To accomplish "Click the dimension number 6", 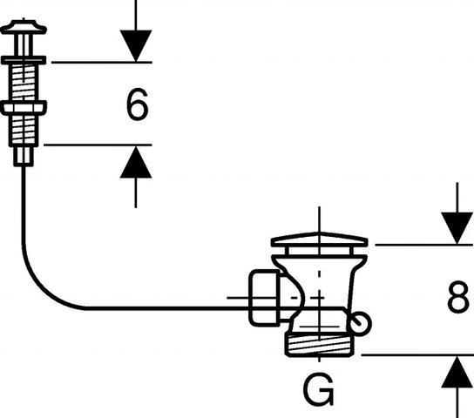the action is [x=138, y=104].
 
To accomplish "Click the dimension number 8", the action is [x=458, y=298].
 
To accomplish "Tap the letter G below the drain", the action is [x=318, y=389].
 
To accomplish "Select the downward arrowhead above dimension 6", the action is [x=136, y=46].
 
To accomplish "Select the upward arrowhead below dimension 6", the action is [x=136, y=162].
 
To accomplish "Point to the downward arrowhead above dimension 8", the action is [x=457, y=228].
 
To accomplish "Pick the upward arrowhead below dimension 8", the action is [x=457, y=372].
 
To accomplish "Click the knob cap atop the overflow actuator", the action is [x=24, y=27].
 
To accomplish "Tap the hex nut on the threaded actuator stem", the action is [x=24, y=108].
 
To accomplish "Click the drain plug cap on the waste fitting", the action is [x=320, y=239].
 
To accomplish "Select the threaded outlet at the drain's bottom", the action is [x=320, y=344].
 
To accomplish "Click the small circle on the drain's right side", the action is [x=362, y=323].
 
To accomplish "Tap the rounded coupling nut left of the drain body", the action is [x=265, y=298].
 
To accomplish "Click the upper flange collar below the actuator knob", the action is [x=24, y=60].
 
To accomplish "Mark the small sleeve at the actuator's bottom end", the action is [x=24, y=157].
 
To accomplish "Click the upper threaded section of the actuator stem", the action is [x=24, y=83].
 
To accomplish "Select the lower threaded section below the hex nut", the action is [x=24, y=131].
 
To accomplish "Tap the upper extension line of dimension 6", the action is [x=102, y=63].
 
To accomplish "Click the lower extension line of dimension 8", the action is [x=417, y=355].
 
